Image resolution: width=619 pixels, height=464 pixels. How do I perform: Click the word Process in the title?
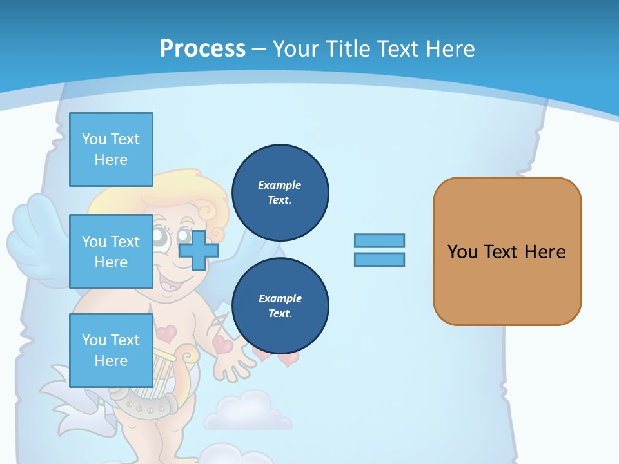(202, 49)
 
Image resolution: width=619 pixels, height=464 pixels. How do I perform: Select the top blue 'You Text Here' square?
(111, 150)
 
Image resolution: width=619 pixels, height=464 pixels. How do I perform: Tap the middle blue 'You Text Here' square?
(111, 251)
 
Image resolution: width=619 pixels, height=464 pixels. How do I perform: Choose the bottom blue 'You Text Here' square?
(111, 350)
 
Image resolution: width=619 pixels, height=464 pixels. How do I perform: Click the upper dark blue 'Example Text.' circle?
(280, 192)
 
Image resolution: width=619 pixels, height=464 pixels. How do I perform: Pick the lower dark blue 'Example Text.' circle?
(280, 305)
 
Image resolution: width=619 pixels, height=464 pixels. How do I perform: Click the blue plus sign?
(199, 249)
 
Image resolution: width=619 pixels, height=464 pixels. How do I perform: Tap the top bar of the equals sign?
(379, 240)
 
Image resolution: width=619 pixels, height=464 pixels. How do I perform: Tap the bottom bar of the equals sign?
(379, 259)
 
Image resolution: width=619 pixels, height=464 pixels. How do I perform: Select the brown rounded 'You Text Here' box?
(507, 251)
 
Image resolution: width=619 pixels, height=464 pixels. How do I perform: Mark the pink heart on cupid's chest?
(166, 333)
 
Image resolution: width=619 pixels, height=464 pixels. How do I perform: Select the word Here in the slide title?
(450, 49)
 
